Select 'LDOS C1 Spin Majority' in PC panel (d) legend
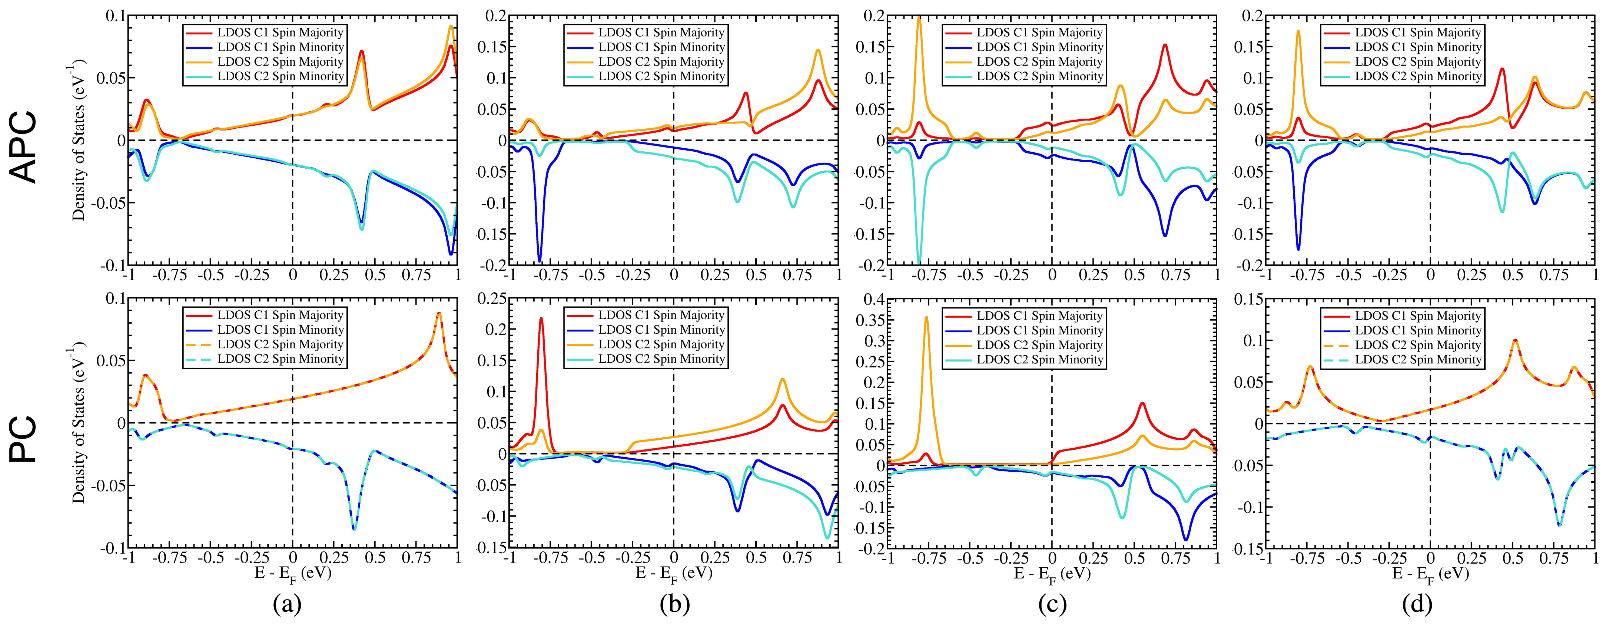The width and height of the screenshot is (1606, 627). pyautogui.click(x=1417, y=316)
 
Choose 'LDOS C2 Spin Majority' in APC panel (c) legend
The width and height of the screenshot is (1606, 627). pyautogui.click(x=1039, y=62)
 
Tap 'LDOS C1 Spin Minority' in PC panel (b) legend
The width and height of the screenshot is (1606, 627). pyautogui.click(x=661, y=330)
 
